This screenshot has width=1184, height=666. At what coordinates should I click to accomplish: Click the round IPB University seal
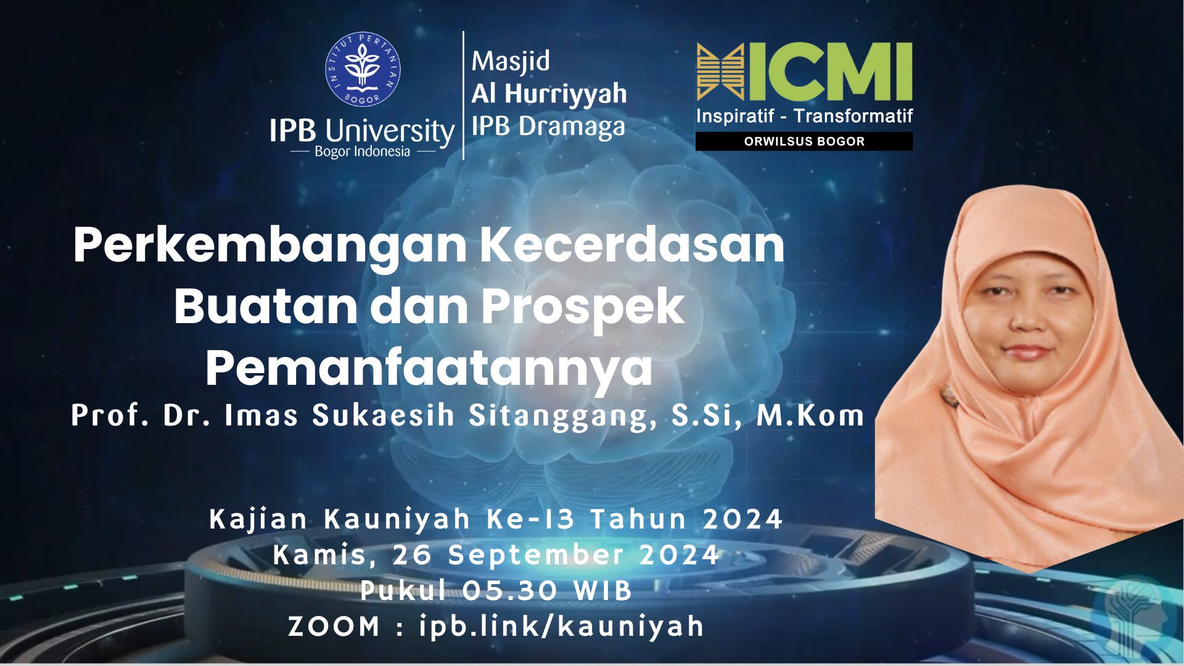tap(363, 69)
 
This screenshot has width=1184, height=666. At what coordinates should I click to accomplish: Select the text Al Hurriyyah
tap(549, 94)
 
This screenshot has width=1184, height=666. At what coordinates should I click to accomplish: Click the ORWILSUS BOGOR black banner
tap(804, 141)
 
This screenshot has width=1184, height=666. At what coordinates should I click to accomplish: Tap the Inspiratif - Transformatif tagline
tap(804, 116)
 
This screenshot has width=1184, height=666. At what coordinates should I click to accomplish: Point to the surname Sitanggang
tap(562, 417)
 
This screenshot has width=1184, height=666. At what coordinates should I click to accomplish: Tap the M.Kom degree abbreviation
tap(810, 416)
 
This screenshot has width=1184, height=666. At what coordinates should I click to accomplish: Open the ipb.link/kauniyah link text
tap(561, 627)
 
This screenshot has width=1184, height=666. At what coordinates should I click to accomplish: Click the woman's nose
tap(1026, 318)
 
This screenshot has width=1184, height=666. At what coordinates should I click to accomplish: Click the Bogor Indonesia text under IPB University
tap(362, 152)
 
